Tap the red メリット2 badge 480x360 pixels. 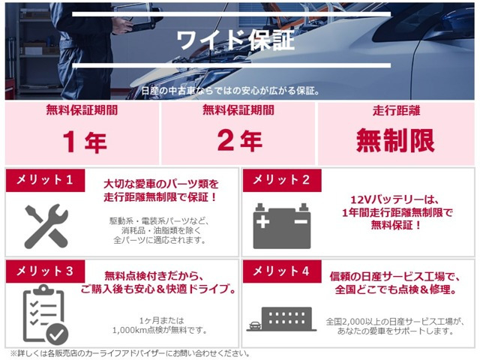coord(281,180)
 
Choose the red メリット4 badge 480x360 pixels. coord(281,271)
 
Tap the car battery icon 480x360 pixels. coord(281,226)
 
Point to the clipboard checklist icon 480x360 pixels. coord(44,314)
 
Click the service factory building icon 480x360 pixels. coord(281,318)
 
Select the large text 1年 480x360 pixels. coord(85,141)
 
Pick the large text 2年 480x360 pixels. coord(240,141)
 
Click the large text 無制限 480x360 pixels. coord(396,141)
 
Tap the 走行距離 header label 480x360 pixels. coord(396,111)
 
